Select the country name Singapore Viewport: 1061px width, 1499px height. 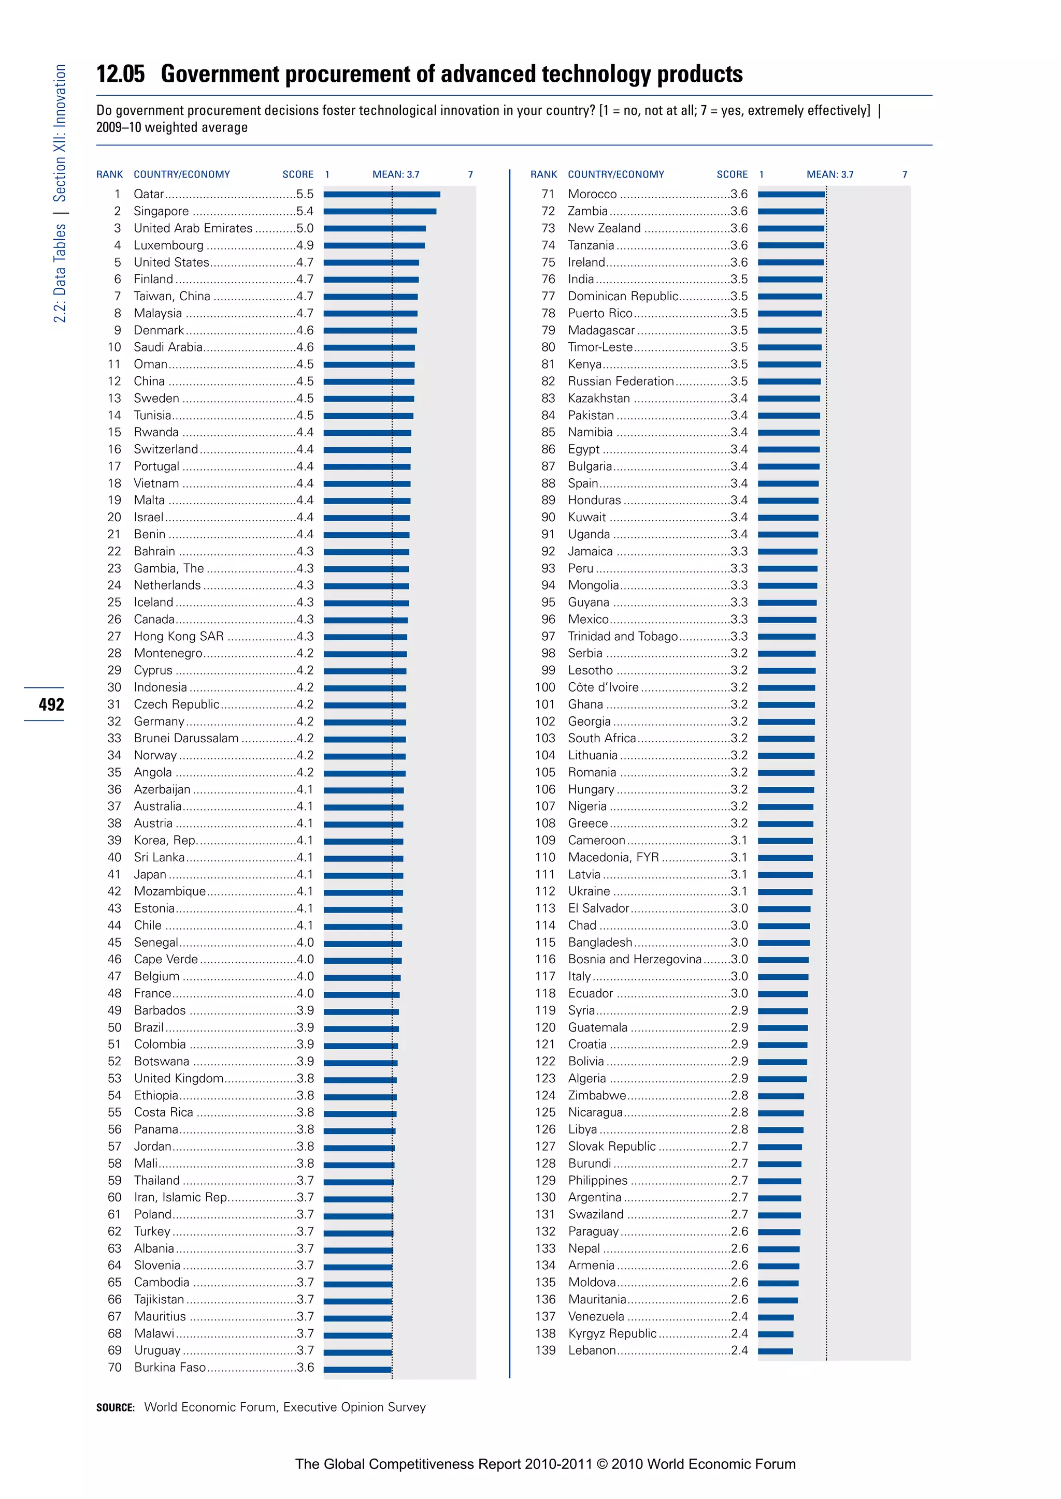click(161, 211)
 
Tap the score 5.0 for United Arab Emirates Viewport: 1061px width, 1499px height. click(305, 228)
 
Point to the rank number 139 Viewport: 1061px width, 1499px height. click(545, 1350)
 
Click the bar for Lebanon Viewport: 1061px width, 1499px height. click(775, 1351)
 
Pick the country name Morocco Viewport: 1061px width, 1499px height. click(592, 194)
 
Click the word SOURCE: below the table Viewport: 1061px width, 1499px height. click(115, 1407)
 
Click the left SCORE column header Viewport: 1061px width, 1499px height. click(298, 174)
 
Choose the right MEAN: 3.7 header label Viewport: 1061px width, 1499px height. click(830, 174)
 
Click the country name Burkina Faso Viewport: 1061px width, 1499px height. click(170, 1367)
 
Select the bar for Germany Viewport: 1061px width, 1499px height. click(365, 722)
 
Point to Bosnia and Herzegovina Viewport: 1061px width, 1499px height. click(635, 959)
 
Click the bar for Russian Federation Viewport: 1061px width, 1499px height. click(789, 381)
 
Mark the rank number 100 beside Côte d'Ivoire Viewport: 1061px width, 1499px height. click(545, 687)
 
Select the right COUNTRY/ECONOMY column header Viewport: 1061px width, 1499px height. click(615, 174)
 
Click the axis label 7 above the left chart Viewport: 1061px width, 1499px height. click(470, 174)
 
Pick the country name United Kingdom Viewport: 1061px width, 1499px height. click(178, 1078)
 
